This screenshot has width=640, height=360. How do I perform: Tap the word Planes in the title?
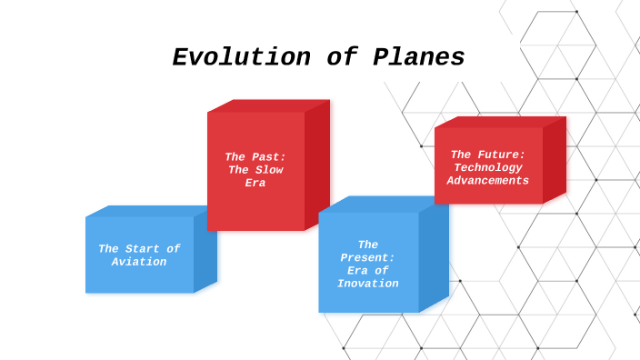point(418,57)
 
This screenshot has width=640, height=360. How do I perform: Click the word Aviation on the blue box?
point(139,262)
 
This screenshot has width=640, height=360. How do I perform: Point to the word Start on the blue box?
point(145,249)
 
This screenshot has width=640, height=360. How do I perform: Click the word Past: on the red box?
point(269,157)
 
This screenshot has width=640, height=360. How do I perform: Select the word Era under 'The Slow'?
point(255,183)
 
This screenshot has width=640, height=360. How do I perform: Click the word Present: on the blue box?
point(367,257)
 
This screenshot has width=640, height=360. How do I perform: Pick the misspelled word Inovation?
point(367,284)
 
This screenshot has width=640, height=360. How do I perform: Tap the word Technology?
point(488,167)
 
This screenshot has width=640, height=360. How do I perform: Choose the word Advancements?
point(488,180)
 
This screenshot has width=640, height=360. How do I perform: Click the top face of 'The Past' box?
point(268,105)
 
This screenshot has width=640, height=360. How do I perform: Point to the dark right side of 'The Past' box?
point(316,164)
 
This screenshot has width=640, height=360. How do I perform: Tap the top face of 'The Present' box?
point(382,205)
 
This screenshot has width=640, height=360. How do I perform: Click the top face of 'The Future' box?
point(500,122)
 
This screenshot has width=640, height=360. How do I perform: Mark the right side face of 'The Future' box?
point(554,159)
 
